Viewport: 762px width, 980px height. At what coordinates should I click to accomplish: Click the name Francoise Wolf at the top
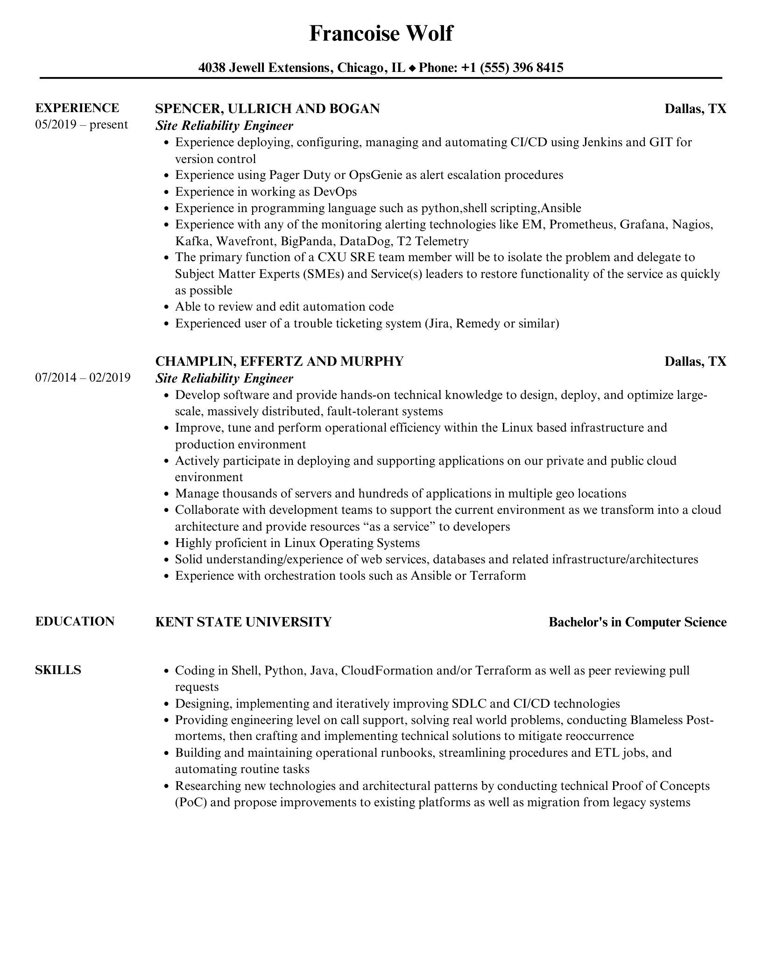pos(381,34)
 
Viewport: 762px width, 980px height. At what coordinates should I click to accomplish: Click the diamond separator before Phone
pos(412,68)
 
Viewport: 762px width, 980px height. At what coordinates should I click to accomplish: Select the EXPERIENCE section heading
pos(77,108)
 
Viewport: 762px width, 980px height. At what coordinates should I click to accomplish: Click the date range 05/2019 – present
pos(81,125)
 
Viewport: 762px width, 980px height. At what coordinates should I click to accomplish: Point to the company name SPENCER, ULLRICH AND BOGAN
pos(267,109)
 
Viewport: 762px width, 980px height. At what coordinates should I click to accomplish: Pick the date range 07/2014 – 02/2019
pos(83,377)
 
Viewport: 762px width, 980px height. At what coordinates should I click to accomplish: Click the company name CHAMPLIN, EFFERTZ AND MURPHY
pos(279,361)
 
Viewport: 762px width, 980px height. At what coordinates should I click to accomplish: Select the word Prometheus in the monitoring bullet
pos(581,225)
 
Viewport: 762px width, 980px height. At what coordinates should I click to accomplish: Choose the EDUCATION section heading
pos(75,621)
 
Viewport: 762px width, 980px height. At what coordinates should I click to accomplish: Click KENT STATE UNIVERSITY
pos(243,622)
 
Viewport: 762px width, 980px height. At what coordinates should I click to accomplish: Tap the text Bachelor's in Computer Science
pos(637,622)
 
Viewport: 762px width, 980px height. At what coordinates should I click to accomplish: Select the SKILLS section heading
pos(58,670)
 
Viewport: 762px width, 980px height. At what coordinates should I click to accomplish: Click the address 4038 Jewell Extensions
pos(265,68)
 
